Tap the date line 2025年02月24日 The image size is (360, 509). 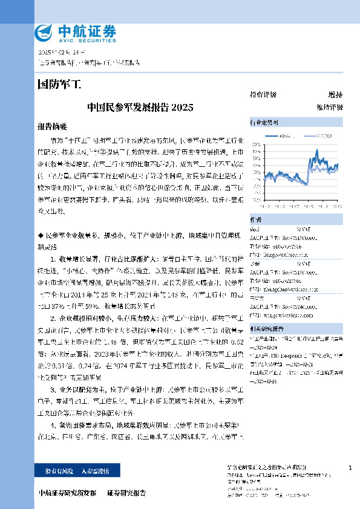[x=61, y=53]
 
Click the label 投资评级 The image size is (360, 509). [x=263, y=95]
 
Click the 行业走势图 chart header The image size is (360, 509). [x=264, y=122]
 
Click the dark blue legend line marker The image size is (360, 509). [x=275, y=135]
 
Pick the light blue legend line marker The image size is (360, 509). [x=308, y=135]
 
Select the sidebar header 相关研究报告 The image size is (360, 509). [x=267, y=328]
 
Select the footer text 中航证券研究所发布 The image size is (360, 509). [x=67, y=493]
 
